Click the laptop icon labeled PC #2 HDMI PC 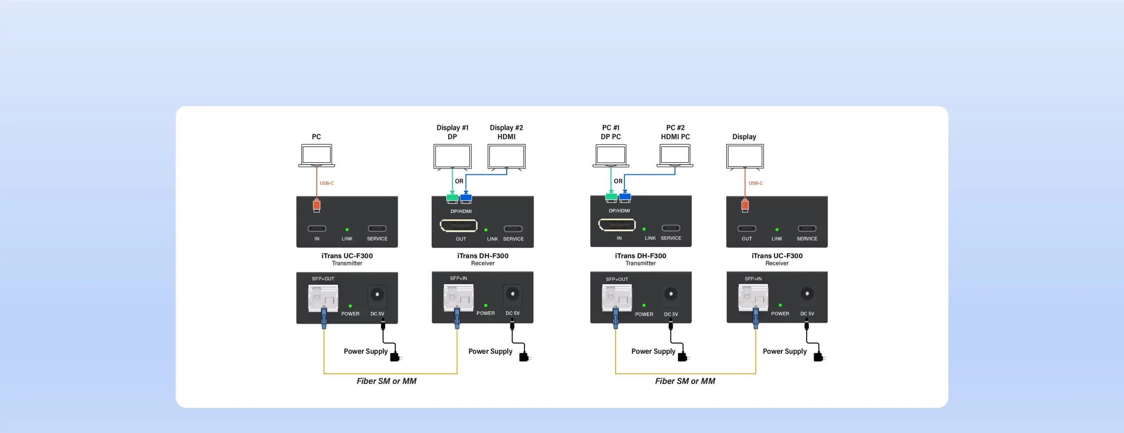coord(675,156)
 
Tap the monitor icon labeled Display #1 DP coord(452,157)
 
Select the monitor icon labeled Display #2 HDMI coord(506,157)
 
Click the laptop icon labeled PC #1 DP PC coord(611,156)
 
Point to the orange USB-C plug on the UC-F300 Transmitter coord(317,205)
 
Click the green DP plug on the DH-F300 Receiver coord(452,198)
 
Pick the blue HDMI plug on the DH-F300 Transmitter coord(625,197)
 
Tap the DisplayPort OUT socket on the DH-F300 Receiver coord(458,225)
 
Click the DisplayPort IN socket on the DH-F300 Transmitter coord(617,225)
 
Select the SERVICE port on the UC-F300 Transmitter coord(377,229)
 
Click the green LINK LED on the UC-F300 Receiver coord(777,229)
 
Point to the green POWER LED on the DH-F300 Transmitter coord(644,305)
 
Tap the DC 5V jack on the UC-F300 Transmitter coord(377,294)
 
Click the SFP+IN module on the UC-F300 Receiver coord(753,298)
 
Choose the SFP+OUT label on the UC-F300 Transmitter coord(323,279)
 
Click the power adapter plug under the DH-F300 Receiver coord(524,357)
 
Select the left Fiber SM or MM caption coord(386,381)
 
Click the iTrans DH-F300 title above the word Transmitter coord(641,256)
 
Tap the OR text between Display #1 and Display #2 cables coord(459,181)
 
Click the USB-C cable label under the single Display coord(756,183)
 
